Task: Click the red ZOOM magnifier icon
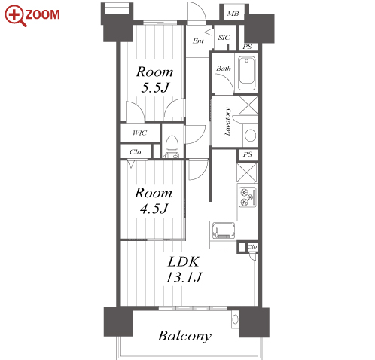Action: (x=15, y=16)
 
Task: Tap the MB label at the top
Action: (x=233, y=14)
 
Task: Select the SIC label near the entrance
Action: (x=224, y=38)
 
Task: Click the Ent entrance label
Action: (x=198, y=41)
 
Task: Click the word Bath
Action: (x=224, y=69)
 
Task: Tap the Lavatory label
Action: (x=227, y=122)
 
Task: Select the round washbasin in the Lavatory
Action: (x=250, y=136)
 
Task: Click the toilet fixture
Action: (x=172, y=147)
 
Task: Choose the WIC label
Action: (x=139, y=133)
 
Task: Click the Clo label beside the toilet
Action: (x=136, y=152)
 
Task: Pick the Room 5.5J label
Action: (x=154, y=80)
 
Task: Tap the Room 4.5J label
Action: (x=154, y=200)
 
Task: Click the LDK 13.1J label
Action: (x=184, y=270)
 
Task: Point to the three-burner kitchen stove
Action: (x=247, y=197)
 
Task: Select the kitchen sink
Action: (x=224, y=230)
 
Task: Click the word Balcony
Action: (x=184, y=336)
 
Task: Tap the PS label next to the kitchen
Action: (x=248, y=154)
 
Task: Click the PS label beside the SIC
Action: (x=247, y=47)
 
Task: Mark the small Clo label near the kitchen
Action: (x=252, y=247)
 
